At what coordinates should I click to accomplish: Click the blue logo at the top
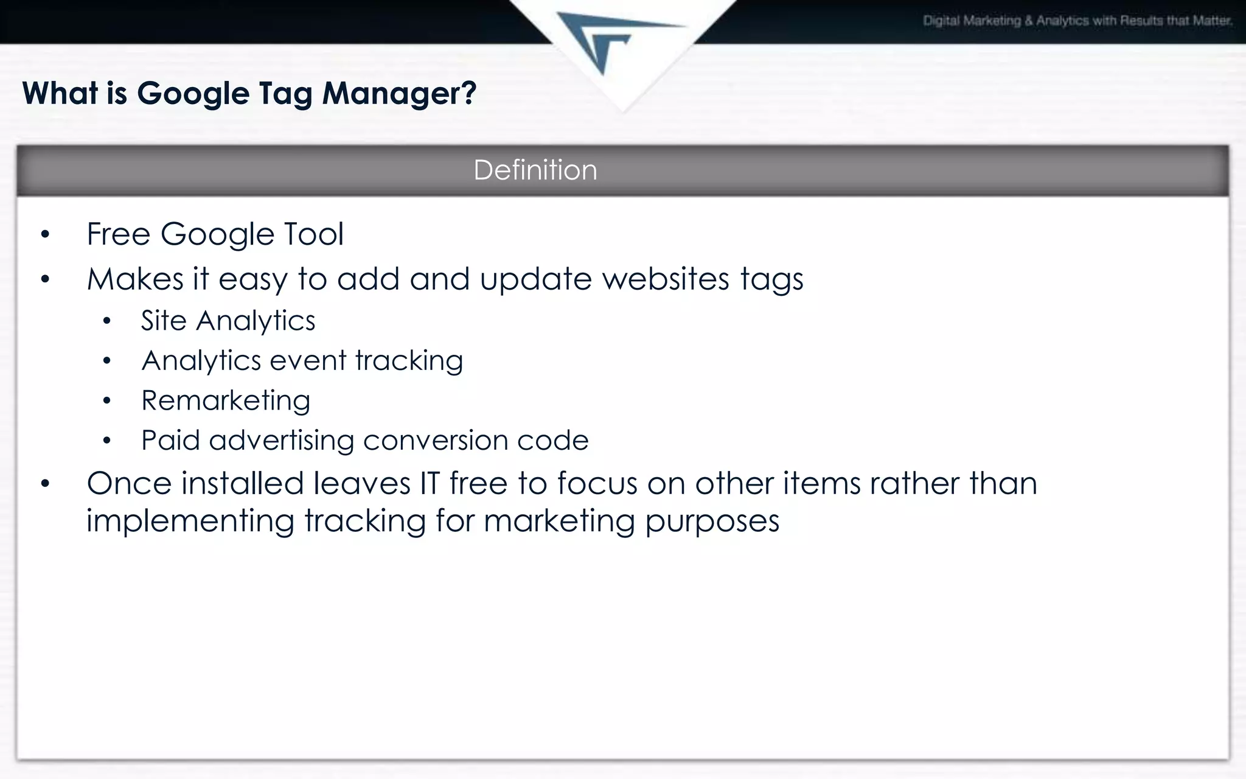pyautogui.click(x=608, y=40)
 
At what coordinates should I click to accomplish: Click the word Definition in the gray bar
pyautogui.click(x=535, y=170)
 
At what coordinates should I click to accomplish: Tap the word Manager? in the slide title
pyautogui.click(x=399, y=94)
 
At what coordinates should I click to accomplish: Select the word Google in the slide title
pyautogui.click(x=193, y=94)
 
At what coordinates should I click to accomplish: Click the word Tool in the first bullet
pyautogui.click(x=314, y=234)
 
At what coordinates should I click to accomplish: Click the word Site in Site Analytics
pyautogui.click(x=163, y=321)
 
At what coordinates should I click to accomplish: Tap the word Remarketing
pyautogui.click(x=226, y=401)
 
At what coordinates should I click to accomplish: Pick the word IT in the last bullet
pyautogui.click(x=430, y=484)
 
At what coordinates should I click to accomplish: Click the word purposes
pyautogui.click(x=712, y=522)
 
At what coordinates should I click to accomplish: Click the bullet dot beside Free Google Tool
pyautogui.click(x=45, y=235)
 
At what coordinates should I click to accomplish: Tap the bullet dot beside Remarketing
pyautogui.click(x=107, y=401)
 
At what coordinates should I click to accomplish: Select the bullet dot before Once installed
pyautogui.click(x=45, y=484)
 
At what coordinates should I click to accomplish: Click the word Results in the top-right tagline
pyautogui.click(x=1141, y=21)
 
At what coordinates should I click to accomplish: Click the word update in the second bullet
pyautogui.click(x=535, y=279)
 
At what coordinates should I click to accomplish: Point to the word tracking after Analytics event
pyautogui.click(x=409, y=361)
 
